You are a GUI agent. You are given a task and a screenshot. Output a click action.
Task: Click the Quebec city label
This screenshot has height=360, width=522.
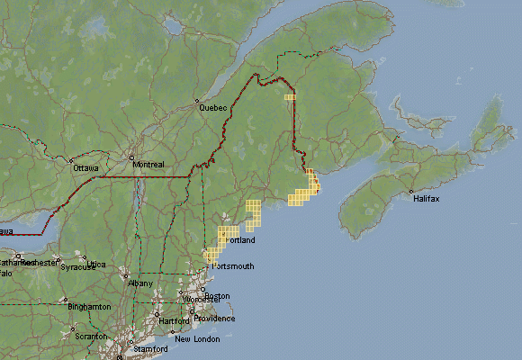click(213, 108)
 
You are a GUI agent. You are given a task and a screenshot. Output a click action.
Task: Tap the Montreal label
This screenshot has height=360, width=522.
click(148, 165)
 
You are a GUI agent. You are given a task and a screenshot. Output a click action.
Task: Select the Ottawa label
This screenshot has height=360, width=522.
click(85, 168)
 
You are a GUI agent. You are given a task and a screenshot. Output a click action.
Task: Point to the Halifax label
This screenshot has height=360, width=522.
click(427, 198)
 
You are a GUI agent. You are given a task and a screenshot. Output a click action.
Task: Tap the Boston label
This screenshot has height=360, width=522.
click(218, 296)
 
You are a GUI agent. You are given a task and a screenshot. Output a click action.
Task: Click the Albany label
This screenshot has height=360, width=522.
click(141, 283)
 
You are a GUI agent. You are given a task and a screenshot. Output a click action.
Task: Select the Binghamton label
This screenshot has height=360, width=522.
click(89, 307)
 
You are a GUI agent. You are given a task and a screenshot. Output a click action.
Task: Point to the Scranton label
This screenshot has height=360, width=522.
click(90, 336)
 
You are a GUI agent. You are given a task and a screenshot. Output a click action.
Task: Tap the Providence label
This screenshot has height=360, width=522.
click(216, 319)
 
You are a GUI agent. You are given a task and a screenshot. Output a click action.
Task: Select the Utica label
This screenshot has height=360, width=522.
click(96, 265)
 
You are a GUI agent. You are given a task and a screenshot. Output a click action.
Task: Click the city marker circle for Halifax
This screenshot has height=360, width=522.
click(410, 192)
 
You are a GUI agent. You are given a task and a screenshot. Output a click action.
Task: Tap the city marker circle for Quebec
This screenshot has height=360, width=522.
click(199, 102)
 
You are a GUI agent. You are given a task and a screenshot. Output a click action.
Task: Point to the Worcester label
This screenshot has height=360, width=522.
click(202, 300)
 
